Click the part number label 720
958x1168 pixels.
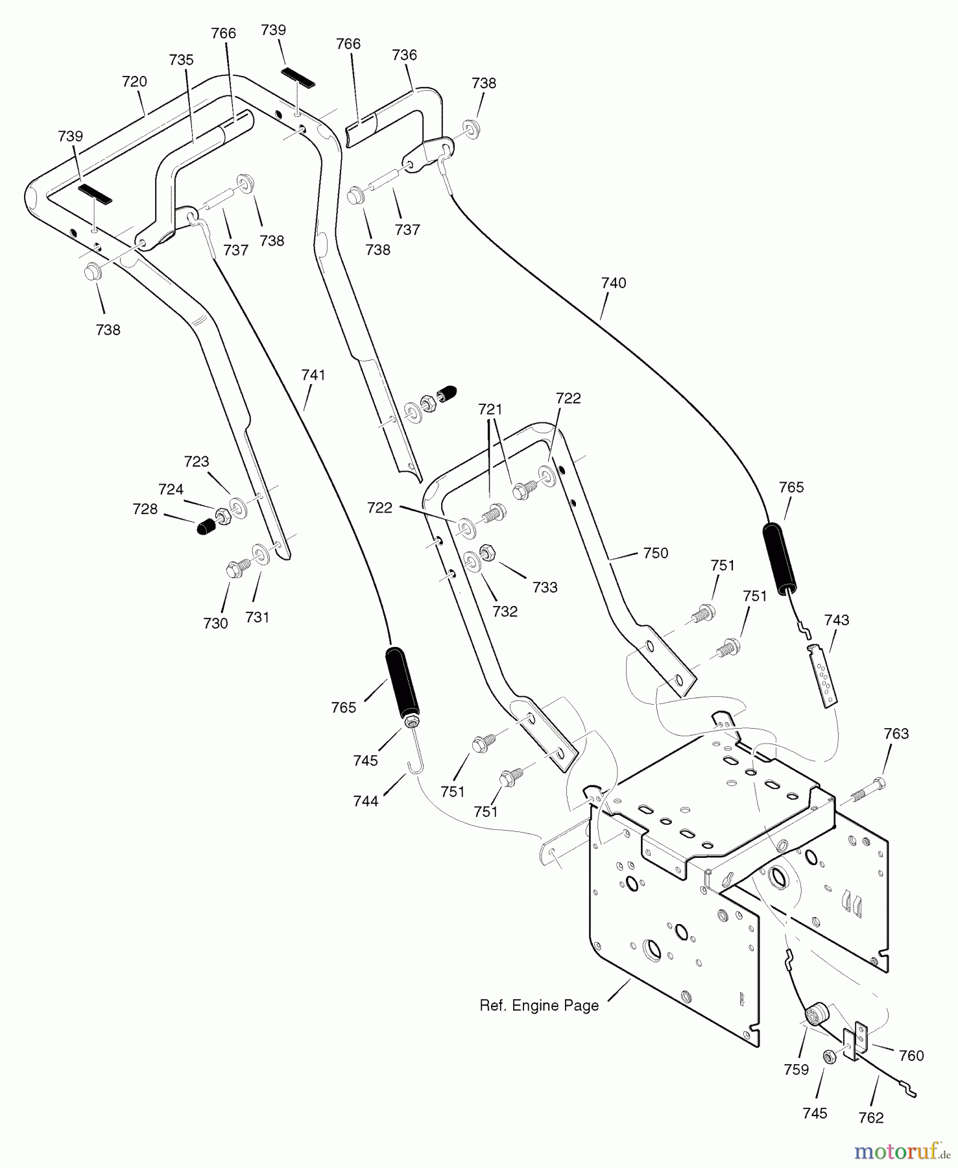point(134,82)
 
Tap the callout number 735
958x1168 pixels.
point(181,60)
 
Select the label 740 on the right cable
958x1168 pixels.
point(614,283)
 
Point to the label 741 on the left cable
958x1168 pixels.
point(313,375)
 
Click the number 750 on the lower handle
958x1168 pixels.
point(655,553)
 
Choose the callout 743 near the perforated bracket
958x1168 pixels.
point(836,620)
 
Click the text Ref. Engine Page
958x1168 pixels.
point(539,1006)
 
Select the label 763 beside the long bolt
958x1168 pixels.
point(896,734)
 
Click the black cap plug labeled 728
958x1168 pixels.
point(206,526)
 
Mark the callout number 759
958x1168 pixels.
point(796,1070)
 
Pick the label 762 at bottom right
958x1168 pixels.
point(870,1118)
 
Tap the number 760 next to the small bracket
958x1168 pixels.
point(911,1056)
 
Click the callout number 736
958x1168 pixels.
point(404,55)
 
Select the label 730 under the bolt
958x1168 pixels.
point(215,624)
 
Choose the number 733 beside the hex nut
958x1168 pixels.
point(545,587)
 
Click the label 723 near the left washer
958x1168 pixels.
point(197,461)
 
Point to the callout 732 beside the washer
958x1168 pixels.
point(505,611)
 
